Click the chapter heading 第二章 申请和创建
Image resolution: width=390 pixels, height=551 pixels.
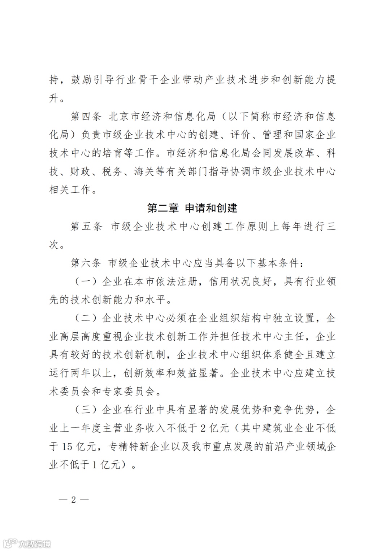point(192,209)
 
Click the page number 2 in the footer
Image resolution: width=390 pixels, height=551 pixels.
point(74,500)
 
